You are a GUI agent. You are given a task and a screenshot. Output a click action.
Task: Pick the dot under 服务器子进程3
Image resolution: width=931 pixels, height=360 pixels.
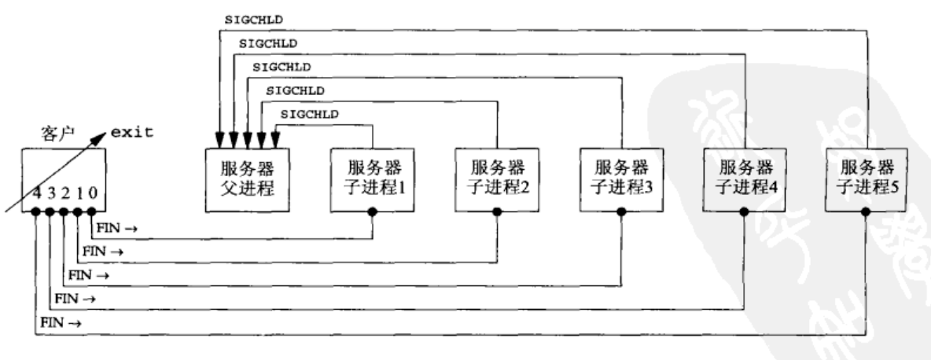pos(621,211)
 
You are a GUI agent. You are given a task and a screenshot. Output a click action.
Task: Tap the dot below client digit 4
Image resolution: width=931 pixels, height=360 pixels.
pos(36,212)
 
